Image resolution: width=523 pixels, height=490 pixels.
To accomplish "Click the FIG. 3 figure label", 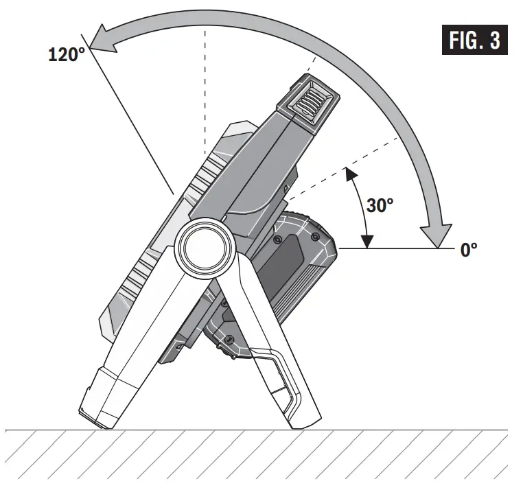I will pos(474,40).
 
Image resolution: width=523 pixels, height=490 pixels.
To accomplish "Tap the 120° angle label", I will pos(66,56).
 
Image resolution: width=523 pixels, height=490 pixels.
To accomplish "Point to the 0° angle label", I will pos(469,250).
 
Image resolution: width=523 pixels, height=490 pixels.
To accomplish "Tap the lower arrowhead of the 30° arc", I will pos(368,241).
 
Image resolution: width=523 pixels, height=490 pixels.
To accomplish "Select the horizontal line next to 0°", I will pos(398,250).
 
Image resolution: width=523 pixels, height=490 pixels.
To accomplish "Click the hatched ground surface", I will pos(261,460).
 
